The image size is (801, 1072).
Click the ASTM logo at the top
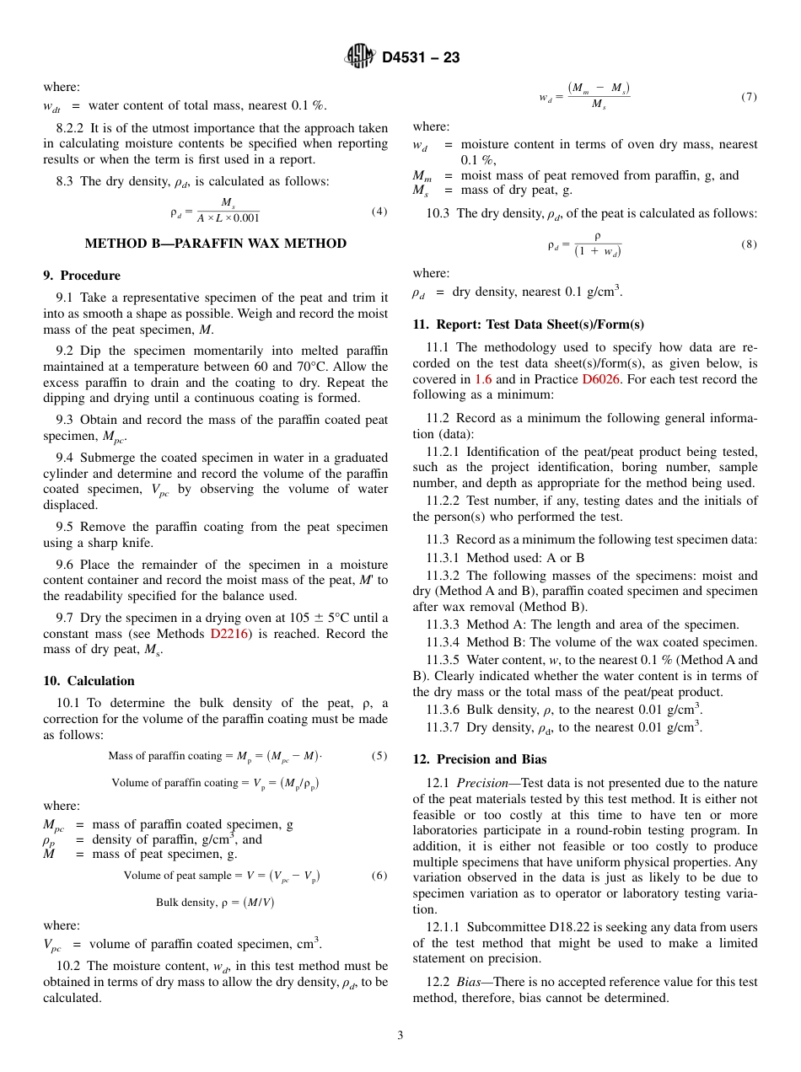click(361, 57)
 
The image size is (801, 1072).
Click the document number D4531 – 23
click(420, 58)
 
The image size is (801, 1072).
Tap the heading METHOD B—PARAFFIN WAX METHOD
click(216, 244)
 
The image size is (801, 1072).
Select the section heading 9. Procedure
click(82, 276)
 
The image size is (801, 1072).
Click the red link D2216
click(228, 634)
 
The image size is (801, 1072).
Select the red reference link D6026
click(601, 379)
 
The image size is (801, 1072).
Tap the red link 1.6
click(483, 379)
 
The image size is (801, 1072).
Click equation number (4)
click(379, 212)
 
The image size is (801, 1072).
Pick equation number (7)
click(749, 97)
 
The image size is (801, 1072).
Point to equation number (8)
click(749, 244)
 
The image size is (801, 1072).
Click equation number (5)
click(379, 756)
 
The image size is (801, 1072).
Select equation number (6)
click(379, 876)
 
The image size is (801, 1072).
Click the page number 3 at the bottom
click(400, 1035)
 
